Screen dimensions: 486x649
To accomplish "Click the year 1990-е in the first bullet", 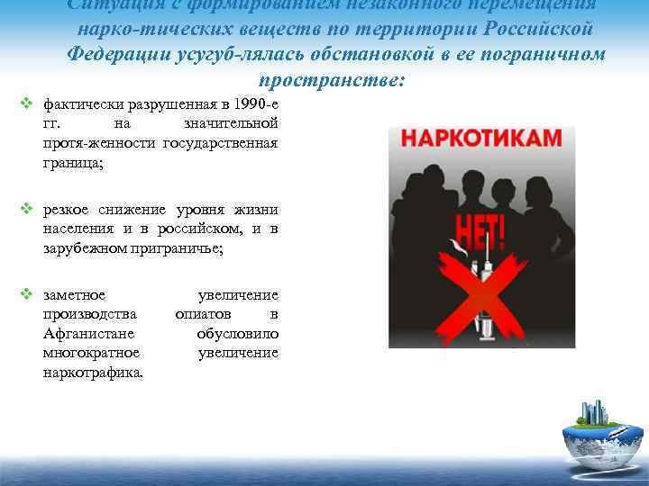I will (x=251, y=106).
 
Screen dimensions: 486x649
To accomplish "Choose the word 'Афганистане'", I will (x=81, y=334).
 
